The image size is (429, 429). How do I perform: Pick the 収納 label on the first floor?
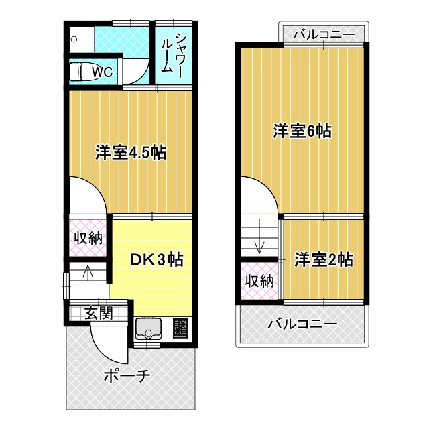[x=88, y=237]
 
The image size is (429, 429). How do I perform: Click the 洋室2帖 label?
[x=323, y=260]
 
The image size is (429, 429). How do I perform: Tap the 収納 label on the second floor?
[x=259, y=280]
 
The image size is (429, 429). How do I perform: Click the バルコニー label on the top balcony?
[x=324, y=33]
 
